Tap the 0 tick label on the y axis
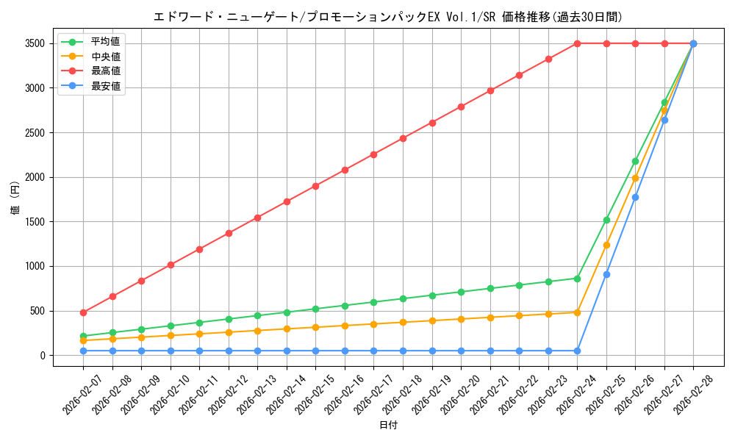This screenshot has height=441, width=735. [43, 356]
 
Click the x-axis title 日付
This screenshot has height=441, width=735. [388, 426]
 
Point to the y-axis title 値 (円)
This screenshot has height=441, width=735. [15, 199]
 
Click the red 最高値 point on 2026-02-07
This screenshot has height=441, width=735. [83, 312]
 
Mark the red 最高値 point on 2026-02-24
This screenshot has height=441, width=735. [577, 43]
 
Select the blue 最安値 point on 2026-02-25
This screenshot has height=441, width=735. [606, 274]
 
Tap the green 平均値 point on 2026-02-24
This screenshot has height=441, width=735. [577, 279]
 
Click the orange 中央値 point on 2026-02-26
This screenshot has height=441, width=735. [635, 178]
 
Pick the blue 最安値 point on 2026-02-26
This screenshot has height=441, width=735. [635, 197]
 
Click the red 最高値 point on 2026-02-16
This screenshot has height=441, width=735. [345, 170]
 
